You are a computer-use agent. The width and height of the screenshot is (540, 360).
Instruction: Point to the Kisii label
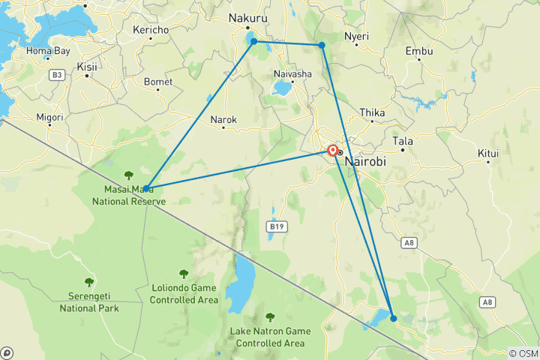(x=87, y=67)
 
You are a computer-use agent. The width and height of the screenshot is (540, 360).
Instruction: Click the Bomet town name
(x=157, y=81)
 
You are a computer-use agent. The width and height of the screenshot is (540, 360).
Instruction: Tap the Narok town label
(x=223, y=119)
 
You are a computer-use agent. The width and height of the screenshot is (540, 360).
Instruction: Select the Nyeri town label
(x=356, y=36)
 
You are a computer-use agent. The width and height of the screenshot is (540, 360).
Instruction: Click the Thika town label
(x=372, y=112)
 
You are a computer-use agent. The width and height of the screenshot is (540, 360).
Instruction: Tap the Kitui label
(x=488, y=154)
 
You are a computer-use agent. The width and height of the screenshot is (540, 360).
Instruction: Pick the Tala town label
(x=403, y=141)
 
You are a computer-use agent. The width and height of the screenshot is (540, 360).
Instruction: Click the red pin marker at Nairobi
(x=332, y=149)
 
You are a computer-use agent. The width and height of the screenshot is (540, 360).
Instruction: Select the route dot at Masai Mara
(x=146, y=188)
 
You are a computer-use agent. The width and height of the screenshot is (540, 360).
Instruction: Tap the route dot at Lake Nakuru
(x=254, y=41)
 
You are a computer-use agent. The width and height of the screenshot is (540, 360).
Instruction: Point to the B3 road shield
(x=57, y=74)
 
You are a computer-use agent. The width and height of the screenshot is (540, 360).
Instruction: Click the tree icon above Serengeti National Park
(x=89, y=282)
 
